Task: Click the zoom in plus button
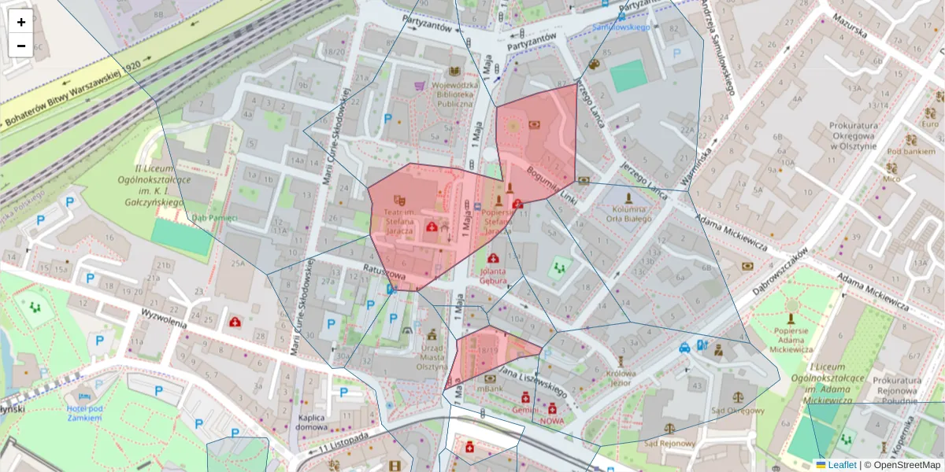pos(21,22)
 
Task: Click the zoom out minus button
pos(21,46)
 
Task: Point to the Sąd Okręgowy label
pos(737,410)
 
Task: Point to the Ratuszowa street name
pos(384,272)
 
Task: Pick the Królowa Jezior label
pos(620,379)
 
